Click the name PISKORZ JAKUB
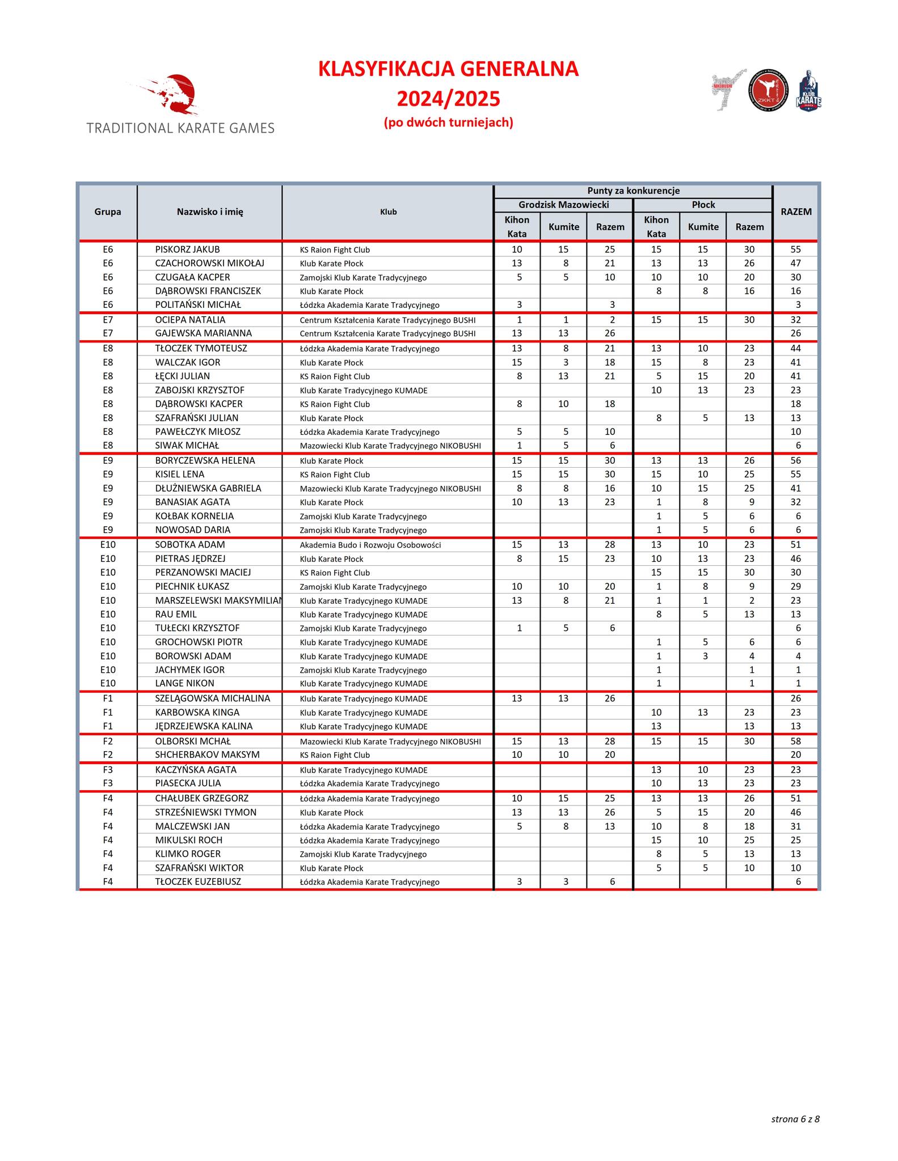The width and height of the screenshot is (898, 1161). point(187,249)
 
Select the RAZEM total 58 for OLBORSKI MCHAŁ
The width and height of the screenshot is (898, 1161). point(795,741)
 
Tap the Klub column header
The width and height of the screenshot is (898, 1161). point(388,212)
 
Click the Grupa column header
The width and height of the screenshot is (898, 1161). point(108,212)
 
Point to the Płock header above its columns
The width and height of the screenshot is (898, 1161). point(703,205)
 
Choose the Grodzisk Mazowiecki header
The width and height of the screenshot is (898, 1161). point(563,205)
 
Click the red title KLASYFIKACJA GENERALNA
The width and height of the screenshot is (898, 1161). point(448,69)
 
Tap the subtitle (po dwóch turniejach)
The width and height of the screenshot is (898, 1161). point(448,122)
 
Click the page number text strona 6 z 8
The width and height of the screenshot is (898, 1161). point(795,1119)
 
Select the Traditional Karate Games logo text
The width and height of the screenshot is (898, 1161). point(180,128)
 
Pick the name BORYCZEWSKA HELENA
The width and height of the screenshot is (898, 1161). point(205,461)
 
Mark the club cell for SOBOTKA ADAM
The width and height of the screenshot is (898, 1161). point(370,545)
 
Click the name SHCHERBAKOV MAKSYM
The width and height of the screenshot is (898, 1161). point(207,755)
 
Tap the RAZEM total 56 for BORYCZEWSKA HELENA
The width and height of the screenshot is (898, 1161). point(795,461)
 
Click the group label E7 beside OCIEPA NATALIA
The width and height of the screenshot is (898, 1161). point(108,320)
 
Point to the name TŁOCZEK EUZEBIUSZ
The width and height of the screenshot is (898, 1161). point(198,882)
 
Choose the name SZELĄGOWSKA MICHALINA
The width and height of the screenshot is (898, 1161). point(212,698)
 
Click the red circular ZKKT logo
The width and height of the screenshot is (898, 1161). point(768,90)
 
